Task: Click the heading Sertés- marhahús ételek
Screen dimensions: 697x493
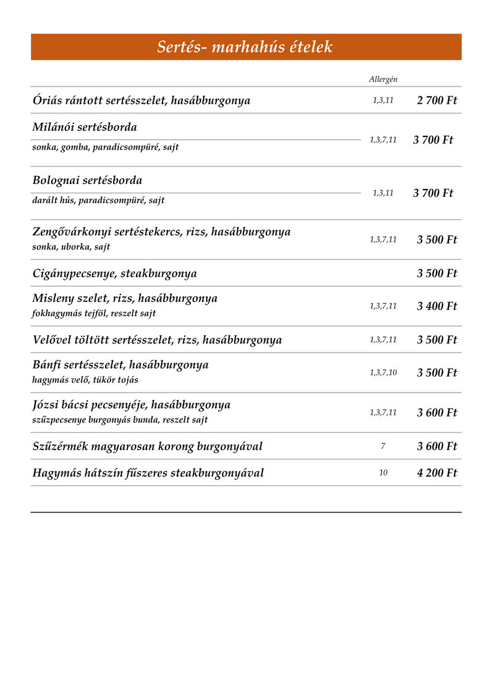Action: pyautogui.click(x=245, y=47)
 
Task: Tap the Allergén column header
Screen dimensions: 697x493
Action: pyautogui.click(x=383, y=80)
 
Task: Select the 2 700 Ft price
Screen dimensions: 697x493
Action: pyautogui.click(x=437, y=101)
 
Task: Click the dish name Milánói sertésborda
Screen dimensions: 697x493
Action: pyautogui.click(x=85, y=127)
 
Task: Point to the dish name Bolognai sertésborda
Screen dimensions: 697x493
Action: pyautogui.click(x=87, y=181)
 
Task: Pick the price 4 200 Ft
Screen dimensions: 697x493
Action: pyautogui.click(x=437, y=474)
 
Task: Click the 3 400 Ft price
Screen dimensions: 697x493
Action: pyautogui.click(x=437, y=306)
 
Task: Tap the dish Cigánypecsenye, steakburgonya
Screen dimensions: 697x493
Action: pyautogui.click(x=114, y=273)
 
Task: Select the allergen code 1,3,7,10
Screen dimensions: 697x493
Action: pyautogui.click(x=383, y=373)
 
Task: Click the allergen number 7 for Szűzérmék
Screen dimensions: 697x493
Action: pyautogui.click(x=383, y=446)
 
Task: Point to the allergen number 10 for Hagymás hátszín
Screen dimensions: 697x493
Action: pyautogui.click(x=383, y=474)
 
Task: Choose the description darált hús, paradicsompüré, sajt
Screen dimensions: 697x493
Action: pyautogui.click(x=98, y=201)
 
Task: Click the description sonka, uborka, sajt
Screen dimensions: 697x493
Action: pyautogui.click(x=71, y=247)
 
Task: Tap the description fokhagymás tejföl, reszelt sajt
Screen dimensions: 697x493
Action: pyautogui.click(x=94, y=314)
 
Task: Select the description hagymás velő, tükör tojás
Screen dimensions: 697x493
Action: pyautogui.click(x=85, y=380)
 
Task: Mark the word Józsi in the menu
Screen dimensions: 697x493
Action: pyautogui.click(x=47, y=405)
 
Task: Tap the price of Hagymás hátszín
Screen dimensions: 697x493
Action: pyautogui.click(x=437, y=474)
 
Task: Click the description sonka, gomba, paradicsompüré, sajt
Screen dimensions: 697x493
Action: pyautogui.click(x=106, y=148)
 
